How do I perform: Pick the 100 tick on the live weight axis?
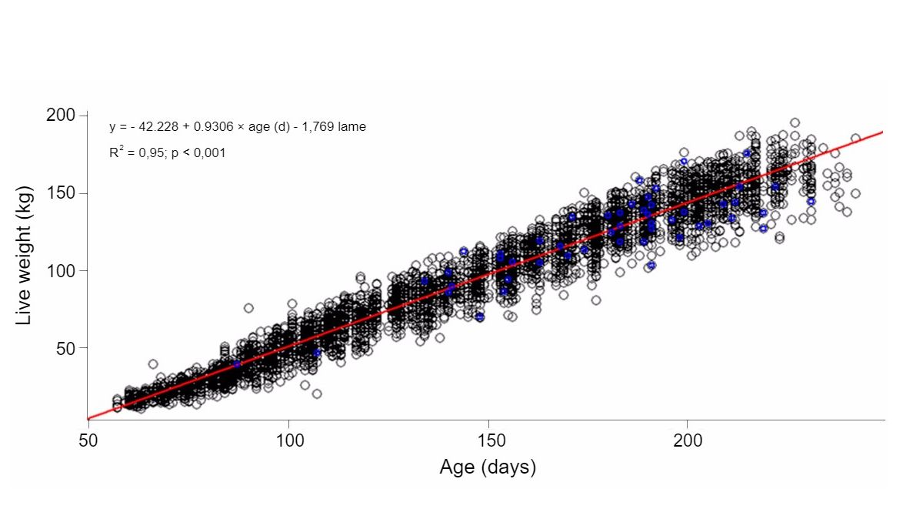(58, 270)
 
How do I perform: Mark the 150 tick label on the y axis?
(58, 193)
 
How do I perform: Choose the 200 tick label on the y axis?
(58, 115)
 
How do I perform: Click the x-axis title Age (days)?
(487, 467)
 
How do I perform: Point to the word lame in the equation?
(352, 127)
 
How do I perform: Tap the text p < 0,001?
(199, 153)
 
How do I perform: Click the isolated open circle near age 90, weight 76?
(248, 308)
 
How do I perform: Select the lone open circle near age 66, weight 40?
(153, 364)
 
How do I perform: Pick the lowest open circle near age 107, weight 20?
(317, 393)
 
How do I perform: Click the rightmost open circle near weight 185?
(855, 139)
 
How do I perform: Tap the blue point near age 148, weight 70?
(480, 316)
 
